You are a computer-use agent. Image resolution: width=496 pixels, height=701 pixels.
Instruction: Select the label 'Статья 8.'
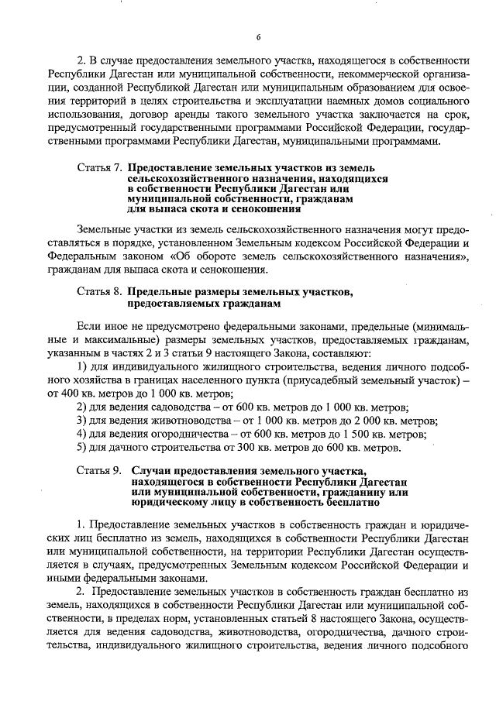point(100,292)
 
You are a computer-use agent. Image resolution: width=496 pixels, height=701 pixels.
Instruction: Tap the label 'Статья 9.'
point(100,470)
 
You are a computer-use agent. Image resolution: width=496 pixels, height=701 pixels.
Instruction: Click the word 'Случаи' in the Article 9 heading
point(152,470)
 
